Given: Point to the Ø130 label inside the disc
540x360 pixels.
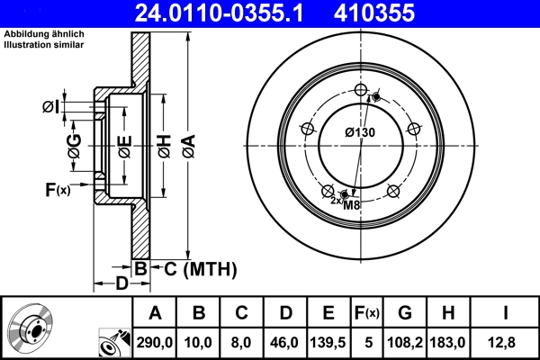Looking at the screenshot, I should [x=359, y=132].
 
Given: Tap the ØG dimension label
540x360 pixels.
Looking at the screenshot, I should [x=75, y=143].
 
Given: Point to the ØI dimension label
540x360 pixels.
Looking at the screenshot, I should [x=51, y=108].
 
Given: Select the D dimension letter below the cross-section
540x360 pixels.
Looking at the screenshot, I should [x=120, y=285].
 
